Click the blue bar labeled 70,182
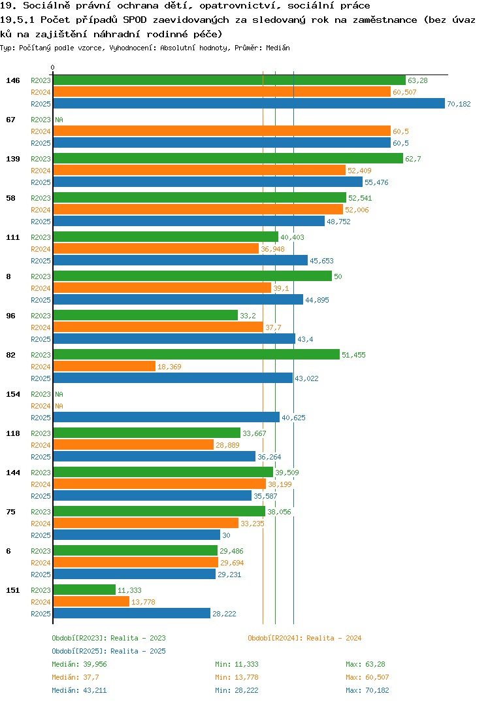(249, 104)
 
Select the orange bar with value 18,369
(105, 367)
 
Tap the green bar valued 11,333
(84, 590)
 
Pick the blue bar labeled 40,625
(167, 418)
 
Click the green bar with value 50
(193, 276)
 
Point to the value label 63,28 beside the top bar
(417, 80)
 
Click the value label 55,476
(376, 182)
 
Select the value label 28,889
(227, 445)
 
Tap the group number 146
(13, 80)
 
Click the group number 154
(13, 394)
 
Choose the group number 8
(8, 276)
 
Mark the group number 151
(13, 590)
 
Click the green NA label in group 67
(59, 120)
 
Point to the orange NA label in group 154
(59, 406)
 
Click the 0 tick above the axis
(53, 67)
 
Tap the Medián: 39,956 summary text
(79, 664)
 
